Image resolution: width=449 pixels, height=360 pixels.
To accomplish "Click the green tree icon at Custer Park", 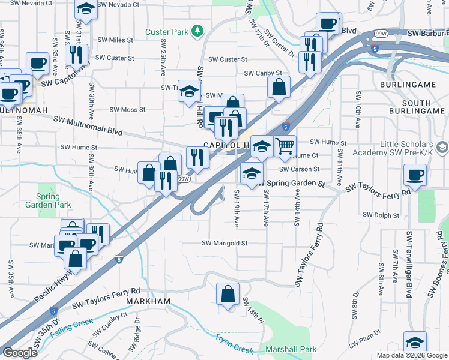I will [x=196, y=32].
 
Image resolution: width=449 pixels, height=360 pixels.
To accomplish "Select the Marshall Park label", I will [x=292, y=349].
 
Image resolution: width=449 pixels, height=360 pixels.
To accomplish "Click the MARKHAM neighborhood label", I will [x=148, y=301].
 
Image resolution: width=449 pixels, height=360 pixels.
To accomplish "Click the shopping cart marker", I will [x=285, y=145].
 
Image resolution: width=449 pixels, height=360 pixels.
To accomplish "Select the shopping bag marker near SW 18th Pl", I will [x=227, y=294].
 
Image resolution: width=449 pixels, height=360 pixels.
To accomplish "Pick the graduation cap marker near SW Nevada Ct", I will [x=86, y=8].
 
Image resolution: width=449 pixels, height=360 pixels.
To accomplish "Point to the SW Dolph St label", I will [x=381, y=215].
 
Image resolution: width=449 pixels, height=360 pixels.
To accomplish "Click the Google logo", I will [x=20, y=353].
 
